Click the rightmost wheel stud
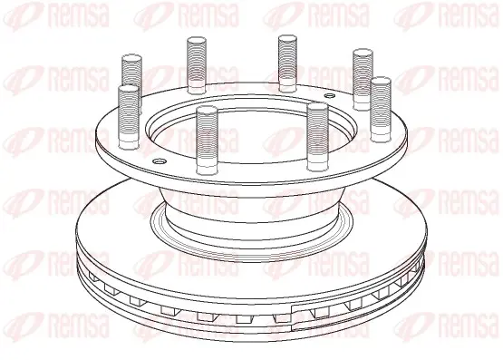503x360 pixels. click(381, 109)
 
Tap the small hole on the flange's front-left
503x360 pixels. click(159, 161)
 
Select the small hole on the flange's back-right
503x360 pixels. click(329, 95)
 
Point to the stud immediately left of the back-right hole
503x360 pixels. click(287, 63)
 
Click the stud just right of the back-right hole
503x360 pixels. click(363, 79)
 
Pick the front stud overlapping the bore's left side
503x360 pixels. click(207, 141)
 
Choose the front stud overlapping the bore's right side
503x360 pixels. click(317, 137)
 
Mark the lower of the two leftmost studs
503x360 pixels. click(130, 117)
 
